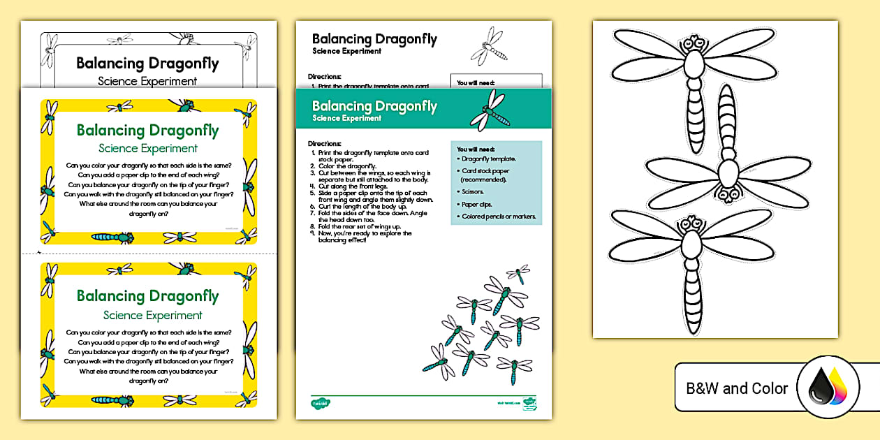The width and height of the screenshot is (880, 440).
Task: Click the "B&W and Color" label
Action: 737,388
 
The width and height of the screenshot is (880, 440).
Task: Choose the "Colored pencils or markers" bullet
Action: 499,217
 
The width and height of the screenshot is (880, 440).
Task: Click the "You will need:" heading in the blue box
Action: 476,149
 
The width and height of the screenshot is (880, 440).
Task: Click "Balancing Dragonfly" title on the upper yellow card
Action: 147,131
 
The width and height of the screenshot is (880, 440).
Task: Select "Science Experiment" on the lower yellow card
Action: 152,315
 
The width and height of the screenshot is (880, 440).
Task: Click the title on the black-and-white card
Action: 147,64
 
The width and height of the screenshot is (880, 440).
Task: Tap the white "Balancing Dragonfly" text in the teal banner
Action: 374,106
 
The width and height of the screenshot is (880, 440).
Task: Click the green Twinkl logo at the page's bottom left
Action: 321,403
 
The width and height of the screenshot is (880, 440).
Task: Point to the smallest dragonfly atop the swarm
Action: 519,272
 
